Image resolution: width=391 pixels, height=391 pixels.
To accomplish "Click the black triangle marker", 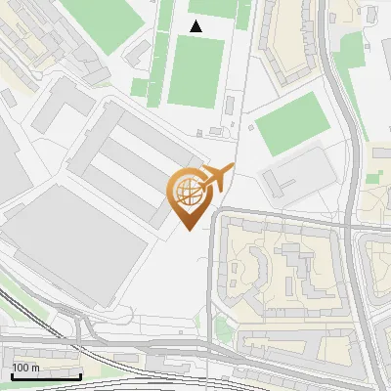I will pyautogui.click(x=197, y=26).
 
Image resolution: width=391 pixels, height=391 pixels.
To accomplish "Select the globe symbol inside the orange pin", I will pyautogui.click(x=186, y=189).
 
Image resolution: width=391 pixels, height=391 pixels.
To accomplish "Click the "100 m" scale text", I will pyautogui.click(x=25, y=368).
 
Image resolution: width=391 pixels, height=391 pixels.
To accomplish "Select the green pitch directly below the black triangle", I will pyautogui.click(x=196, y=70).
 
